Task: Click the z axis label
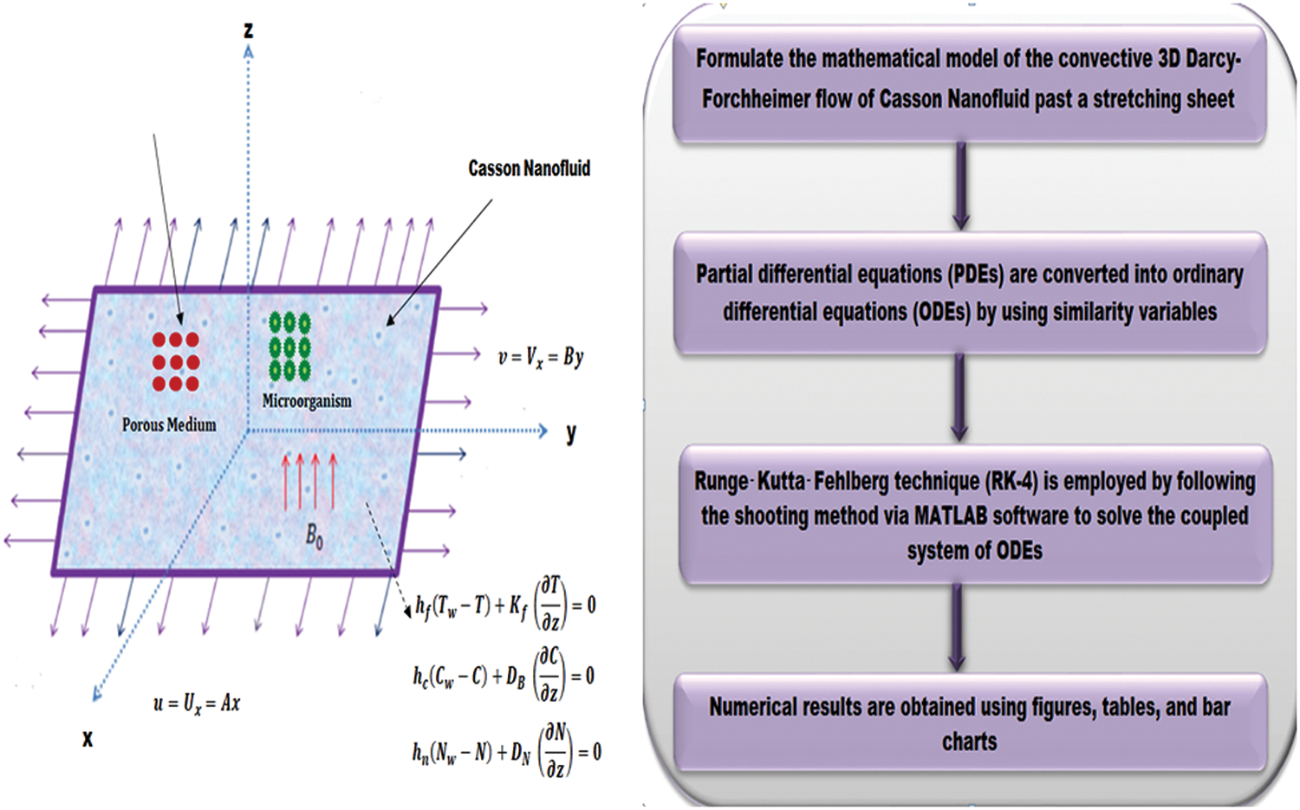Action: (x=248, y=30)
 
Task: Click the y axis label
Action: (x=571, y=432)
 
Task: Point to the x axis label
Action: (x=88, y=739)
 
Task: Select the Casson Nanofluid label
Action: (x=529, y=168)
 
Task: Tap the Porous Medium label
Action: (x=169, y=424)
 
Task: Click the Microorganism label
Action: (x=307, y=401)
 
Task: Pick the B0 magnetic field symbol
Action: (x=315, y=537)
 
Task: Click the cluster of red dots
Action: (x=176, y=362)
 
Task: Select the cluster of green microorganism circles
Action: (x=289, y=347)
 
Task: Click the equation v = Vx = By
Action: (x=541, y=357)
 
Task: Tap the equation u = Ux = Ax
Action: (x=197, y=703)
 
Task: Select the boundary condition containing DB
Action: (x=504, y=676)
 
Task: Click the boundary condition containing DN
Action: (x=506, y=751)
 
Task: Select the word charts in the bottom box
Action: (x=970, y=742)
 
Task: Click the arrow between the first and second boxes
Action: (x=960, y=186)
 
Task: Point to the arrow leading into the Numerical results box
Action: (x=957, y=628)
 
